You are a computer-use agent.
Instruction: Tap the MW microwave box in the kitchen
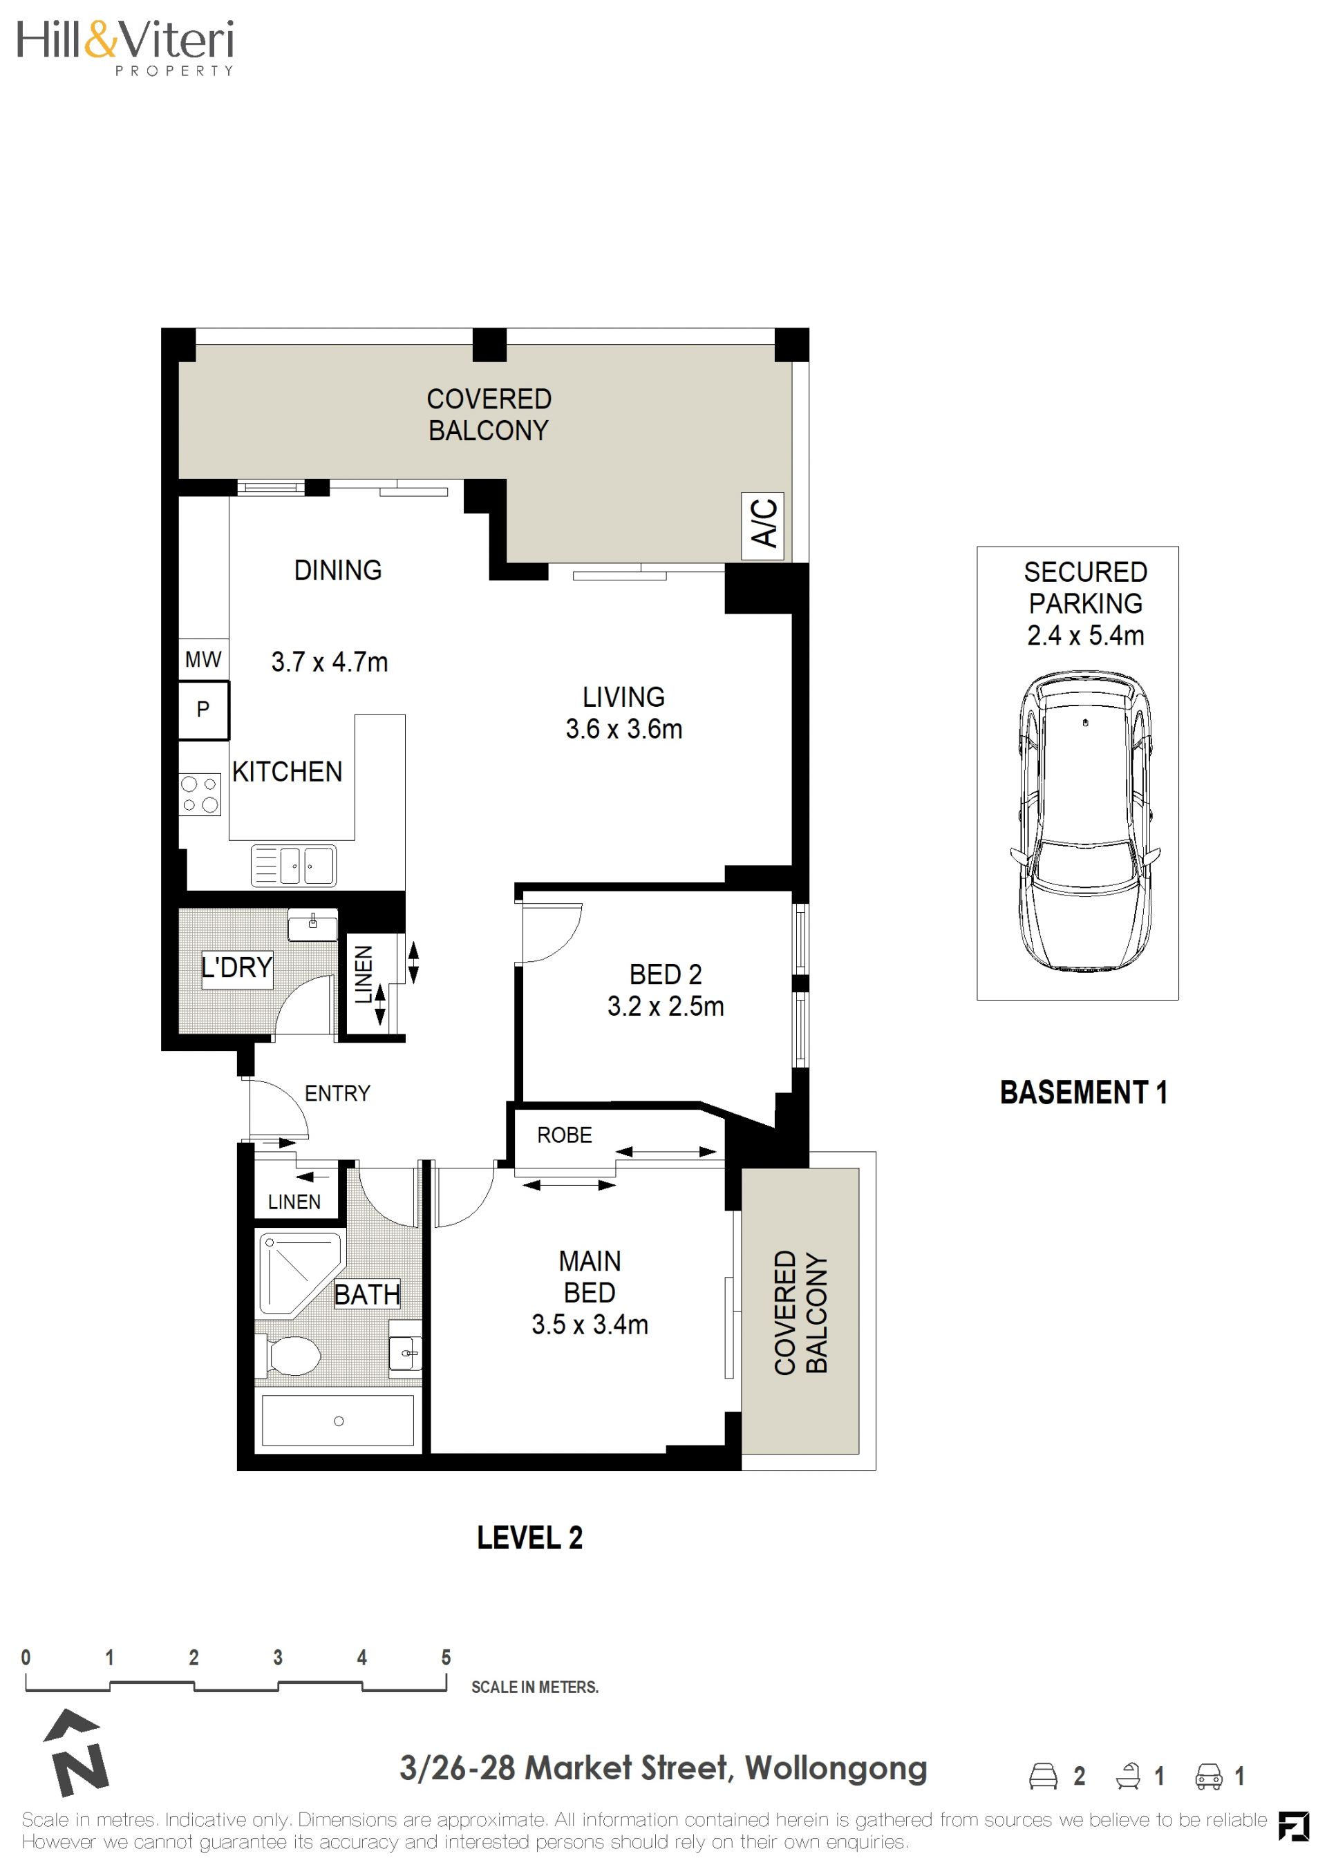pos(203,659)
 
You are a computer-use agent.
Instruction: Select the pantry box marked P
pos(203,709)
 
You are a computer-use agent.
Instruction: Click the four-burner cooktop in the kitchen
pos(200,794)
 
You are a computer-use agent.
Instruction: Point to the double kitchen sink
pos(293,865)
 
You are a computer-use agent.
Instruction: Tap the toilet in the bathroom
pos(287,1357)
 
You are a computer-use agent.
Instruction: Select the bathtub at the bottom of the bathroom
pos(338,1421)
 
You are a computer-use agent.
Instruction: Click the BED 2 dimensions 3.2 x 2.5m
pos(665,1006)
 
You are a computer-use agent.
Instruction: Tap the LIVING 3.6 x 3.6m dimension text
pos(623,728)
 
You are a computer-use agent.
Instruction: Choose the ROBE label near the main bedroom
pos(565,1134)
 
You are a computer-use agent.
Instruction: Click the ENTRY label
pos(337,1092)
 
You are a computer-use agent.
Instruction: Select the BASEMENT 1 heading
pos(1084,1092)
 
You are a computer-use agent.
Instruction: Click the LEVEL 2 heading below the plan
pos(529,1537)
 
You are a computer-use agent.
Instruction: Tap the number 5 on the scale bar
pos(446,1658)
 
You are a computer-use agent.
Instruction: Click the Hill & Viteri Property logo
pos(126,48)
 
